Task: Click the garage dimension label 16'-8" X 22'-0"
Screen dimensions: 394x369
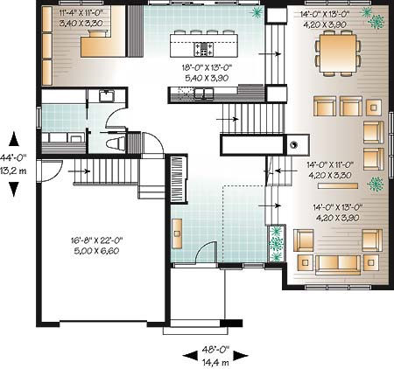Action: point(96,240)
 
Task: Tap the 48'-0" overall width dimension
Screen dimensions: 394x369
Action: point(215,349)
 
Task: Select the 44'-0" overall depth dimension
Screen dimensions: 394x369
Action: point(13,158)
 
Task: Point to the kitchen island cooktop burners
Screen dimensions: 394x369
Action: point(204,49)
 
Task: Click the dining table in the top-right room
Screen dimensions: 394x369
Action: point(338,53)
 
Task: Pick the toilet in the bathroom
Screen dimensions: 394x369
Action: point(116,144)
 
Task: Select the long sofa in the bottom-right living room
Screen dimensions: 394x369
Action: point(338,265)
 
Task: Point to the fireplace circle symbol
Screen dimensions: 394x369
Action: point(293,144)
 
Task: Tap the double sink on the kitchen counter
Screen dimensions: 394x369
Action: point(204,94)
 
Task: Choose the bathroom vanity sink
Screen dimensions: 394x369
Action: point(107,95)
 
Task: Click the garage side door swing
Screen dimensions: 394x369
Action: point(52,171)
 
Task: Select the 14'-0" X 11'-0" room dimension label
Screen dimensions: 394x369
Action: point(330,165)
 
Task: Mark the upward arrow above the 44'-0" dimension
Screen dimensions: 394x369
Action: point(14,139)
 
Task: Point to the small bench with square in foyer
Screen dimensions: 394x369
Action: point(177,233)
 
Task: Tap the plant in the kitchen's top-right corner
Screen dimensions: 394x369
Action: point(257,12)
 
